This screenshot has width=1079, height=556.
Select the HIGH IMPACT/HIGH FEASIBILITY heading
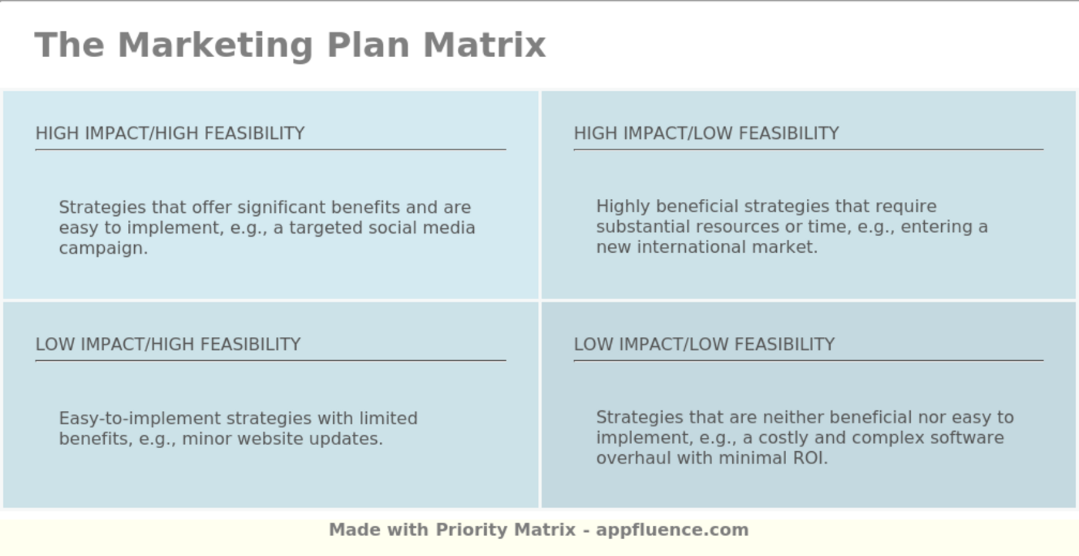pyautogui.click(x=170, y=133)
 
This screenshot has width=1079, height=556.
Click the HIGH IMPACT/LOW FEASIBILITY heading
pyautogui.click(x=706, y=133)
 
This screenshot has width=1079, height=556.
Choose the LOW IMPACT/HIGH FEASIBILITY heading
pyautogui.click(x=168, y=344)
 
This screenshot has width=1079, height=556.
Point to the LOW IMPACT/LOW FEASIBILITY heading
pyautogui.click(x=704, y=344)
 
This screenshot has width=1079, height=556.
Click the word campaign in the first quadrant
pyautogui.click(x=102, y=248)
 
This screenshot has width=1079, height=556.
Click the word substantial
pyautogui.click(x=643, y=227)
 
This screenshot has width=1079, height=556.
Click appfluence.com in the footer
pyautogui.click(x=672, y=530)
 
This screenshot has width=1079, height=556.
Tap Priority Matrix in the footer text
pyautogui.click(x=506, y=530)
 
